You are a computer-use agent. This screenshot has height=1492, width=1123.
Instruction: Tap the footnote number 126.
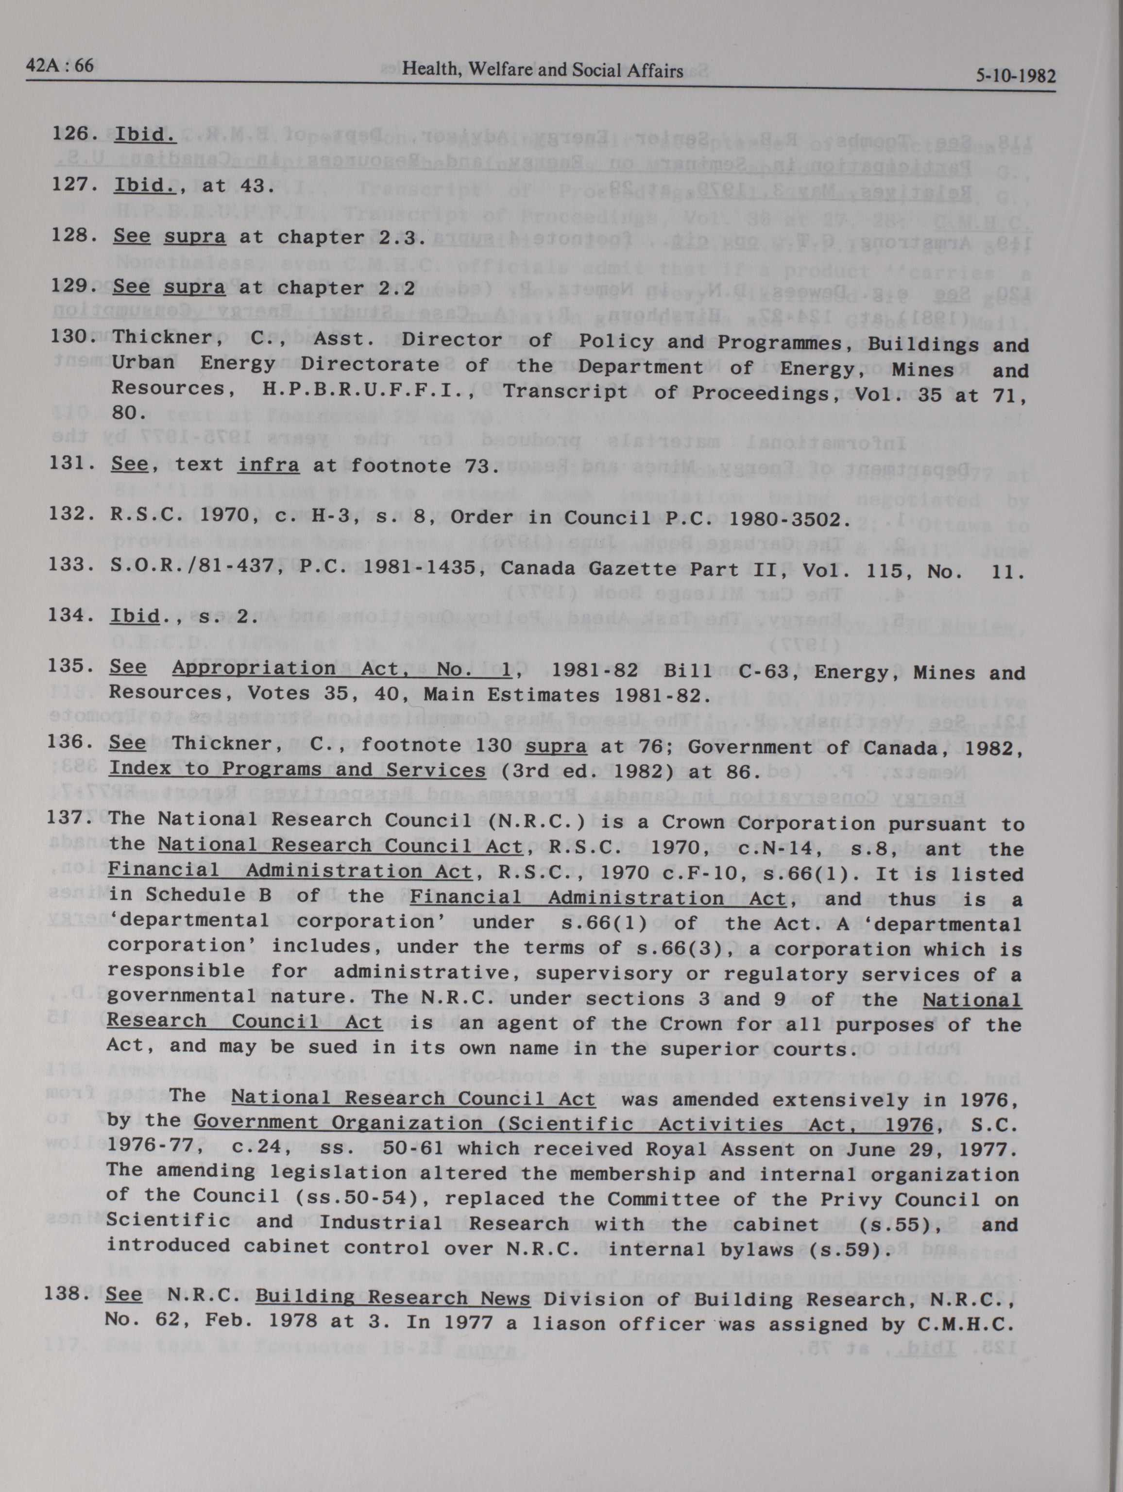click(x=71, y=133)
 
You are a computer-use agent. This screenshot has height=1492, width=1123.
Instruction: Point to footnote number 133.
click(x=69, y=564)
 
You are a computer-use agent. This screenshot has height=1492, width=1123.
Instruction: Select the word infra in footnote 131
click(x=267, y=465)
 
